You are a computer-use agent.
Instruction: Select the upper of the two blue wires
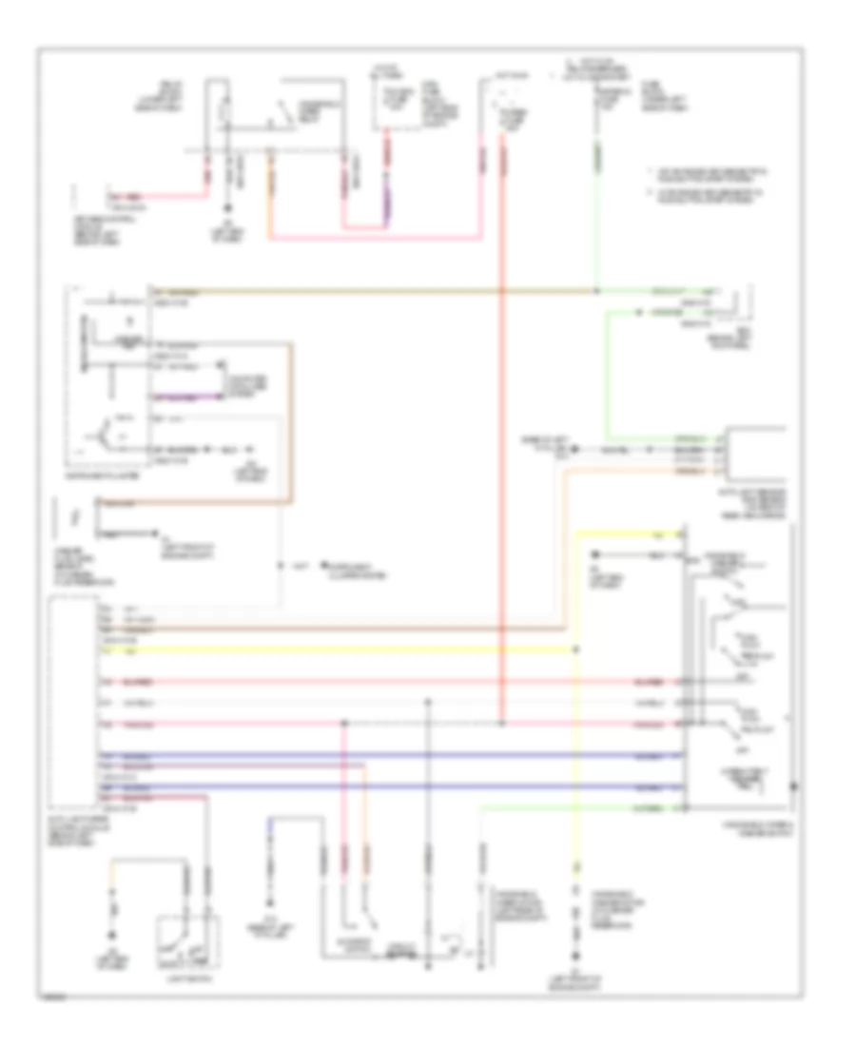380,755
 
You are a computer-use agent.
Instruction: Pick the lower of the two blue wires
380,787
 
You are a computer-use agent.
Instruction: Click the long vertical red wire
503,475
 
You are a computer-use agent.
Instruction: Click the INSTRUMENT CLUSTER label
107,470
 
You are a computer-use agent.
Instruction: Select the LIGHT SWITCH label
187,978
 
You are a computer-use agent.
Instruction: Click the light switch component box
187,941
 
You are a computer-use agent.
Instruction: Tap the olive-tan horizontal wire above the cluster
380,289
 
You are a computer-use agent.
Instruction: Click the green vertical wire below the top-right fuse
596,219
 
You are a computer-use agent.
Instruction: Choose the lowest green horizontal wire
580,807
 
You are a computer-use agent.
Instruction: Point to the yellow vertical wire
574,761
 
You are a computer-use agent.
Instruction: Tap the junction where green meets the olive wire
596,289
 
